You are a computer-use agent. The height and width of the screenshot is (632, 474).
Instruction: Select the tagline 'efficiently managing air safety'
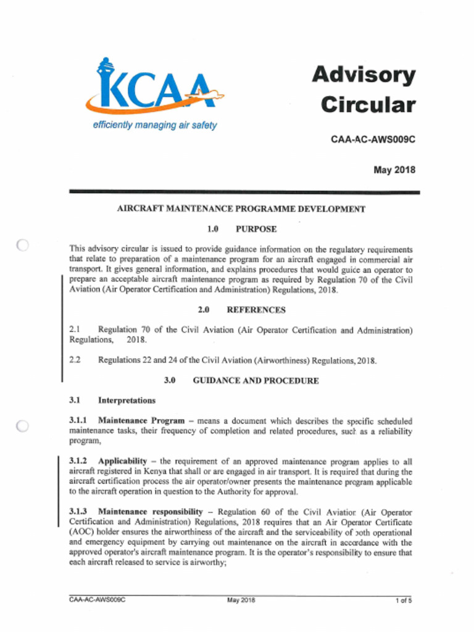[155, 125]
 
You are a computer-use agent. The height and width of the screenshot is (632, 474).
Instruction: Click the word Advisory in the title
[363, 75]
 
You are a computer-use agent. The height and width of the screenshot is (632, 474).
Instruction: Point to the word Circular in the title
[368, 104]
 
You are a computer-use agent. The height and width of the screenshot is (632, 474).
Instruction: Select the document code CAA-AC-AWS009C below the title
[373, 139]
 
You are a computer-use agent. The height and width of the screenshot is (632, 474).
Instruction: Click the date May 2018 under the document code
[394, 170]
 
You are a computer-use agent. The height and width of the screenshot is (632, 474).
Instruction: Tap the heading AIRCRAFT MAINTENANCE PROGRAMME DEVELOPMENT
[241, 209]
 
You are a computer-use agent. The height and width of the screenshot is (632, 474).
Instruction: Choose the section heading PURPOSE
[256, 229]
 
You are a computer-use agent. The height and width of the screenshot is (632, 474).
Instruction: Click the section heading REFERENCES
[256, 310]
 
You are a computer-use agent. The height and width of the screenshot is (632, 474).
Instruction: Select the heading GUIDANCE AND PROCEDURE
[256, 381]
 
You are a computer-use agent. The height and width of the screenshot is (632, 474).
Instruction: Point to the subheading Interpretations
[127, 401]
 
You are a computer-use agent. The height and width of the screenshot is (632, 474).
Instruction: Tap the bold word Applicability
[122, 461]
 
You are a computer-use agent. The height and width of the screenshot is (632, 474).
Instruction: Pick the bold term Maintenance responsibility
[150, 512]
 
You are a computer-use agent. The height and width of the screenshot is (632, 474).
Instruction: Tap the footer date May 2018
[241, 599]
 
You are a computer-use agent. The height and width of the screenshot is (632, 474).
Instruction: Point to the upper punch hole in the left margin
[23, 245]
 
